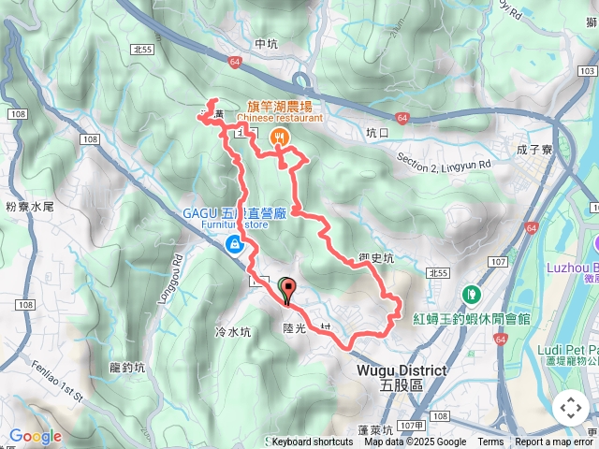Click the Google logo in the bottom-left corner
pyautogui.click(x=36, y=436)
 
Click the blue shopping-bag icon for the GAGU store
pyautogui.click(x=233, y=245)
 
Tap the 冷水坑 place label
pyautogui.click(x=234, y=331)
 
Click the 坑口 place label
pyautogui.click(x=377, y=133)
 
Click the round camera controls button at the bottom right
pyautogui.click(x=571, y=408)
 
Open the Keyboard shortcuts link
pyautogui.click(x=313, y=442)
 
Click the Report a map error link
pyautogui.click(x=555, y=442)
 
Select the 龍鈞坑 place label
pyautogui.click(x=126, y=367)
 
